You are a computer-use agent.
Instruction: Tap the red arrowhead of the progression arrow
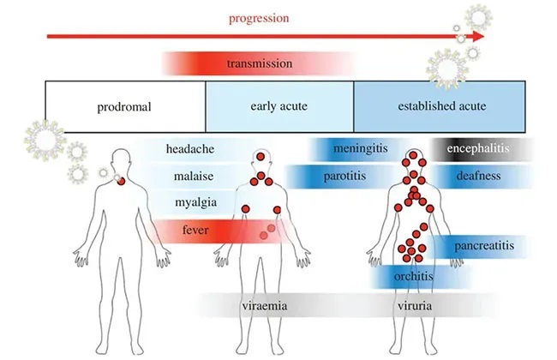(x=476, y=37)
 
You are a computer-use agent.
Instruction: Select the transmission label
(x=259, y=63)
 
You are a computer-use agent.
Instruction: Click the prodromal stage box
(x=124, y=107)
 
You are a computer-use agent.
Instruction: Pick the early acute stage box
(x=278, y=107)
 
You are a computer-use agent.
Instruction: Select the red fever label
(x=195, y=230)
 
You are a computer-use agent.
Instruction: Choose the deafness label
(x=477, y=177)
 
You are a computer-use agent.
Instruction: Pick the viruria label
(x=414, y=305)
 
